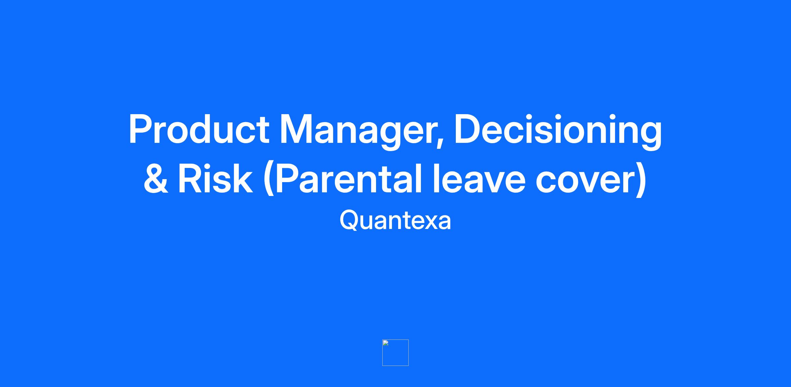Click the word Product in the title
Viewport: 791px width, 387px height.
[199, 129]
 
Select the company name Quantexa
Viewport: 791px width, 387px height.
[395, 220]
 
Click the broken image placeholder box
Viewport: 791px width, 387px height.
[395, 352]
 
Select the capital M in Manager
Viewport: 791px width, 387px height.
[297, 129]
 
